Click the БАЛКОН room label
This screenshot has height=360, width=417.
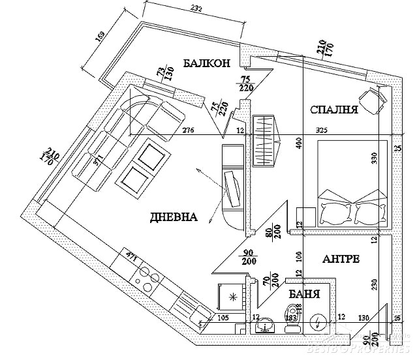point(206,63)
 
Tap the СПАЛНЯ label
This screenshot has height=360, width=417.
point(333,110)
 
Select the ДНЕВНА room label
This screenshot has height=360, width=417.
point(174,217)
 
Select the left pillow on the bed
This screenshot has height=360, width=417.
point(335,211)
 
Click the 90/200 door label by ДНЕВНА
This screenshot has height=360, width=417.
point(249,257)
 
